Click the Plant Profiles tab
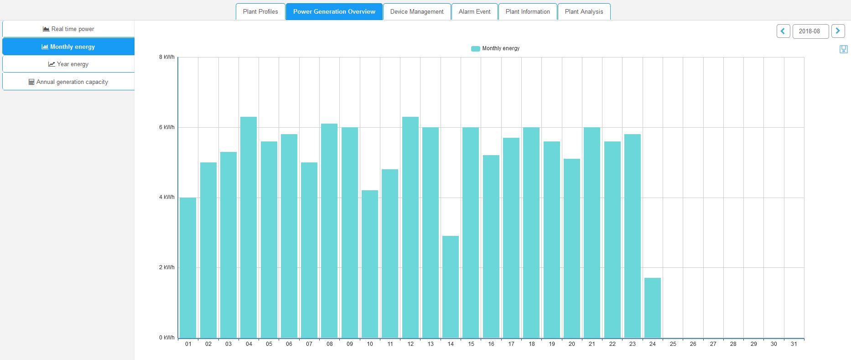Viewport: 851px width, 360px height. click(x=260, y=12)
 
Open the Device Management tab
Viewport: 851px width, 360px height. click(x=417, y=12)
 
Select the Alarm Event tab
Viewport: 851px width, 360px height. click(x=474, y=12)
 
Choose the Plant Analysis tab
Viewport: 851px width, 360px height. click(x=584, y=12)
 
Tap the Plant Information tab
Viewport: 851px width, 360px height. click(x=528, y=12)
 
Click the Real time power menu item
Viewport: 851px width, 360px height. click(x=68, y=29)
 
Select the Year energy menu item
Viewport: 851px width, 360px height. click(x=68, y=64)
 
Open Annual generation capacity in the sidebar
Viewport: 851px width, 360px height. click(x=68, y=82)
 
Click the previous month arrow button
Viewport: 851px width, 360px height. click(x=783, y=31)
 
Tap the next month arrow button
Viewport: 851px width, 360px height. click(x=838, y=31)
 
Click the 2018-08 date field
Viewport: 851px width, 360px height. click(x=810, y=31)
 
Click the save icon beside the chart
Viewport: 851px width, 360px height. click(x=843, y=49)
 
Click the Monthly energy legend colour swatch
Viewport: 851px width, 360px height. click(x=475, y=49)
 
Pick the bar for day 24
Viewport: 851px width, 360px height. click(x=653, y=308)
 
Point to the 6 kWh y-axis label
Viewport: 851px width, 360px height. click(x=167, y=127)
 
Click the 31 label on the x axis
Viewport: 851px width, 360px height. click(x=794, y=344)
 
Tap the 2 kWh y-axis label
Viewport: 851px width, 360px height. click(x=167, y=267)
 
